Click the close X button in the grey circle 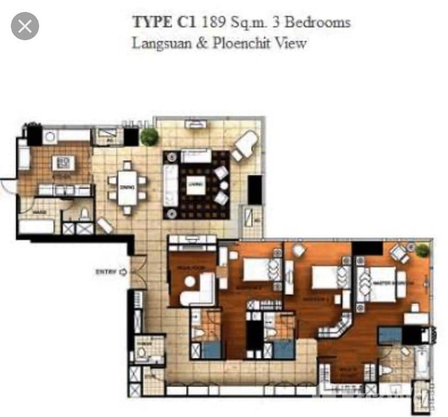click(24, 26)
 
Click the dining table click(127, 187)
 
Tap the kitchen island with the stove click(63, 162)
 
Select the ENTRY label click(106, 272)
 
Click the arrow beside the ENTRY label click(123, 272)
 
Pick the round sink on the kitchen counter click(50, 136)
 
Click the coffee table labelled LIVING click(196, 185)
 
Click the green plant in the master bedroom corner click(422, 250)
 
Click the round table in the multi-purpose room click(190, 282)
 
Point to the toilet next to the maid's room click(85, 214)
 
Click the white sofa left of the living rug click(171, 185)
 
